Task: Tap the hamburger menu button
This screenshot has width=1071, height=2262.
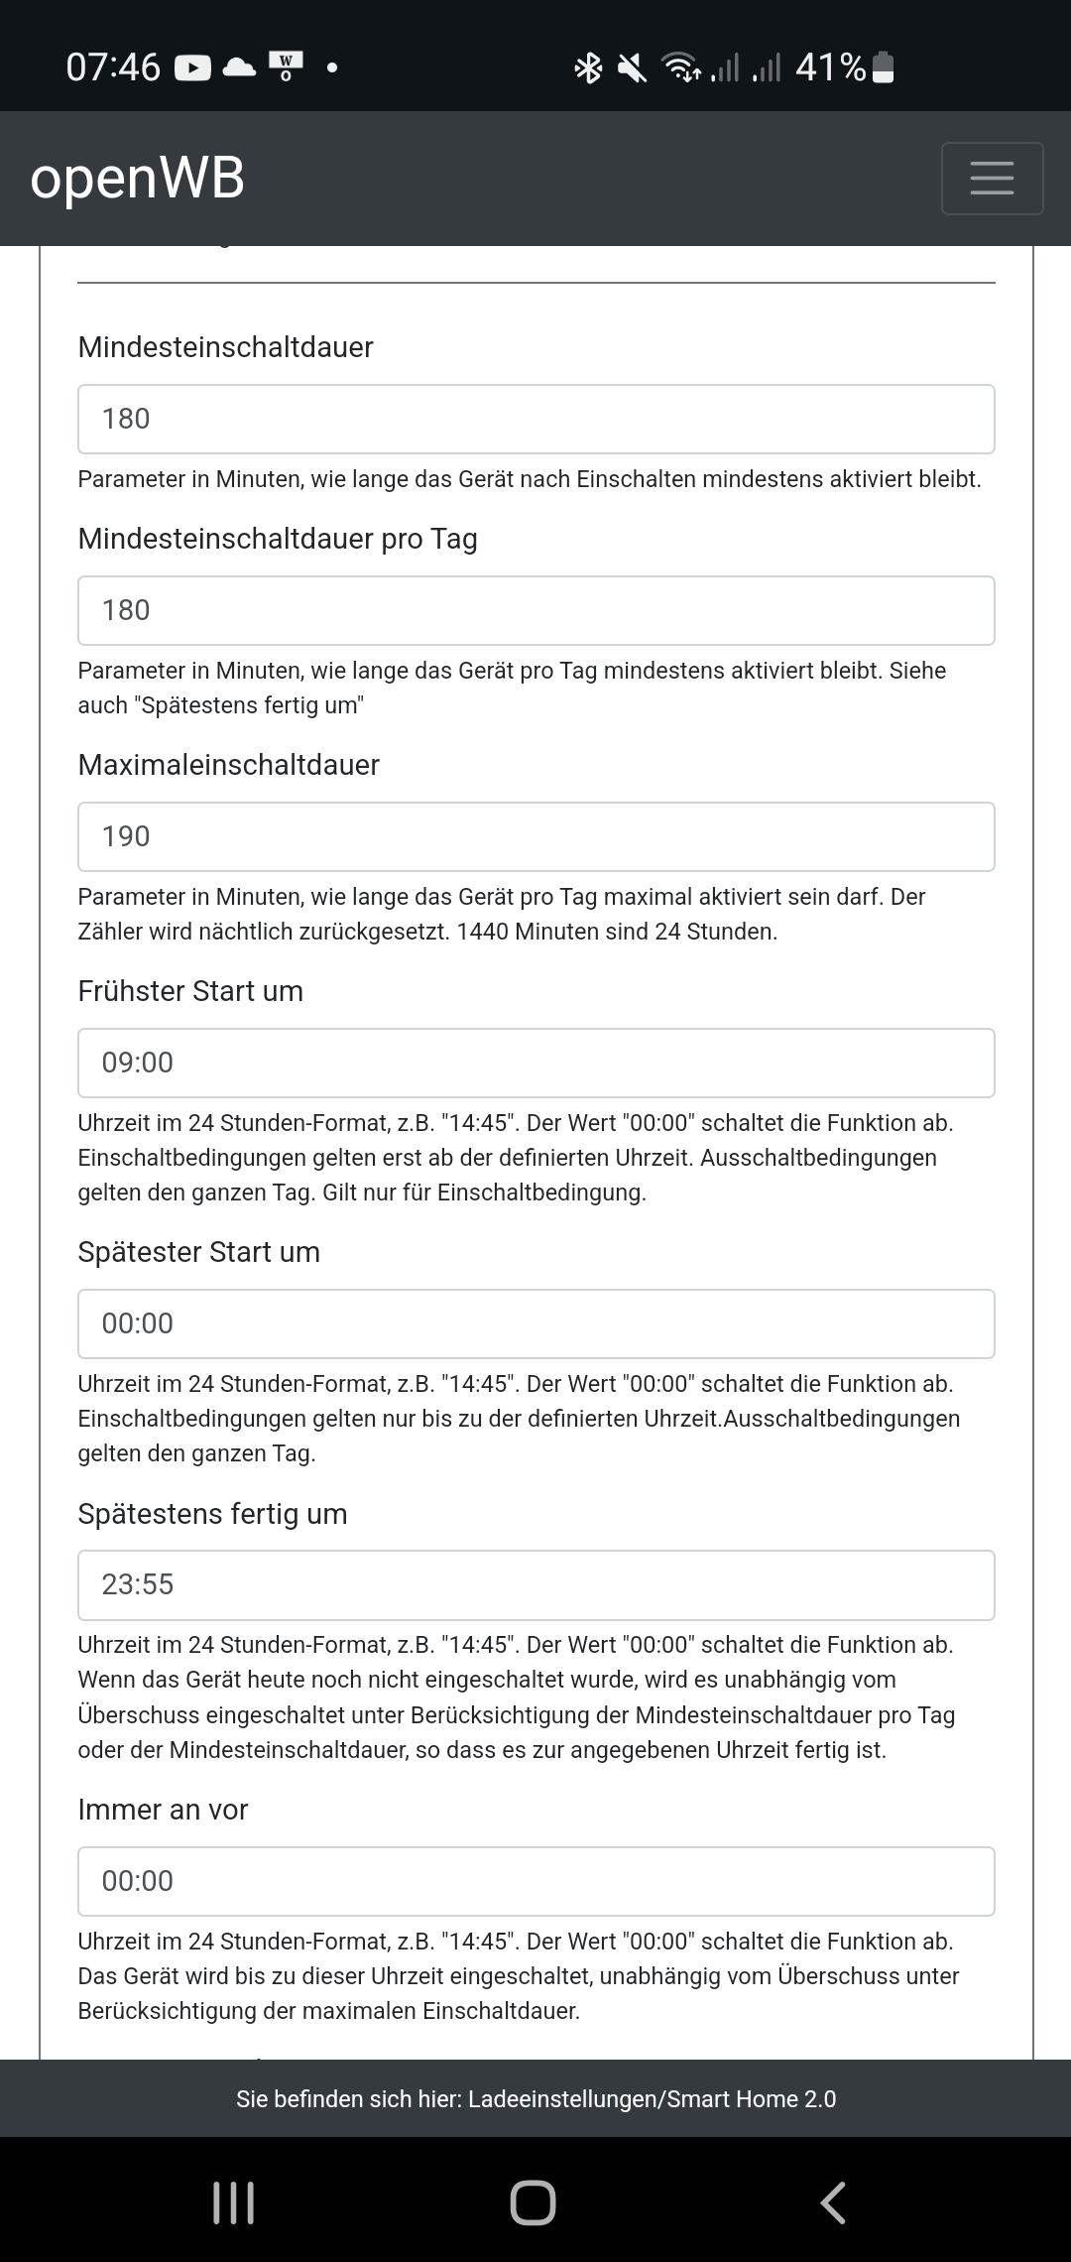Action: point(992,179)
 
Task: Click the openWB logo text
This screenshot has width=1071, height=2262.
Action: point(138,179)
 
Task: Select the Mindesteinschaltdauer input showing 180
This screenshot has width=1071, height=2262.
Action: point(535,419)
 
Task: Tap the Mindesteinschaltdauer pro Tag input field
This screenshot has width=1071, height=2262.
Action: point(535,610)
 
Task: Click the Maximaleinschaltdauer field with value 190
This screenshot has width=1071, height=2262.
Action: point(535,836)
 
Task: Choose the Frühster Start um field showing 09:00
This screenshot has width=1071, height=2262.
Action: point(535,1063)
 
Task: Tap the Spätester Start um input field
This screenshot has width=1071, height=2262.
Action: point(535,1323)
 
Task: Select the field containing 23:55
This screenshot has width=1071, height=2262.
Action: point(535,1584)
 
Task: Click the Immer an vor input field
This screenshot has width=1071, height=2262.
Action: point(535,1881)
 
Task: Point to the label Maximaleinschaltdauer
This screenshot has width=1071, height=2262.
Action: point(229,765)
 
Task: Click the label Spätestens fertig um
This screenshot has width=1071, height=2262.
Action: point(212,1514)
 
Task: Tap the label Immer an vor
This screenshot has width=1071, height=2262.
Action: point(163,1810)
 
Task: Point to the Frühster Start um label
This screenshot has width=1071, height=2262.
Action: point(190,991)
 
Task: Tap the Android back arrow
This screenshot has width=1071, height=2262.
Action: point(833,2202)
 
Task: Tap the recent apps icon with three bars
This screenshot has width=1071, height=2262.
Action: point(234,2202)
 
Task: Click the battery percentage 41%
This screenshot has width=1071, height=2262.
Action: point(831,67)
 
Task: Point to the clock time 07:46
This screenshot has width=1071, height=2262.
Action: point(113,67)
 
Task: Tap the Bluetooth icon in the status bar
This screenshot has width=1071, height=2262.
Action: point(589,67)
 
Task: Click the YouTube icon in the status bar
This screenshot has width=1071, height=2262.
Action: point(192,67)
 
